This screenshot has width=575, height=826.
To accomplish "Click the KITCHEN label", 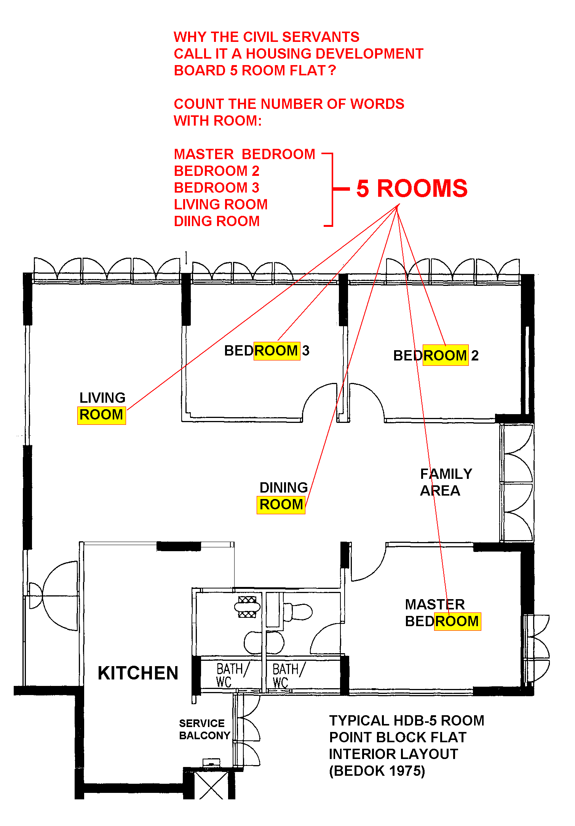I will [138, 673].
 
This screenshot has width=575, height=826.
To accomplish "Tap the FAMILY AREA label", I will [446, 482].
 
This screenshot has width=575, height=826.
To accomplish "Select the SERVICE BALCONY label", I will [204, 729].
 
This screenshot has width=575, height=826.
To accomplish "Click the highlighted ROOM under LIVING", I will [101, 415].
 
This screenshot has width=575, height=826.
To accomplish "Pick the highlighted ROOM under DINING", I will [281, 505].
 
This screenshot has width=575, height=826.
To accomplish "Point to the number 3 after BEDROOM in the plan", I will [306, 351].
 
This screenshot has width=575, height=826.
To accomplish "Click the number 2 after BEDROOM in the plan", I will [475, 356].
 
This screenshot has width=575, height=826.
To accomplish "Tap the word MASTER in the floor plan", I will [435, 604].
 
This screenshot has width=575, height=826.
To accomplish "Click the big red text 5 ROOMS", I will [412, 188].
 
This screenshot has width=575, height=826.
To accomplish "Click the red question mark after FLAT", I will [332, 70].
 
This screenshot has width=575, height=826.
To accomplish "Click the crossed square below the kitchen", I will [211, 785].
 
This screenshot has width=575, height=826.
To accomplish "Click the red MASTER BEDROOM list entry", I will [244, 154].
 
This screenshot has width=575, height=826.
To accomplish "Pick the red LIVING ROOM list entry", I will [220, 204].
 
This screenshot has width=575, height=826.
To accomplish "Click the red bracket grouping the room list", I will [332, 189].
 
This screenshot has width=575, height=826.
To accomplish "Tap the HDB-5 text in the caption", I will [416, 721].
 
